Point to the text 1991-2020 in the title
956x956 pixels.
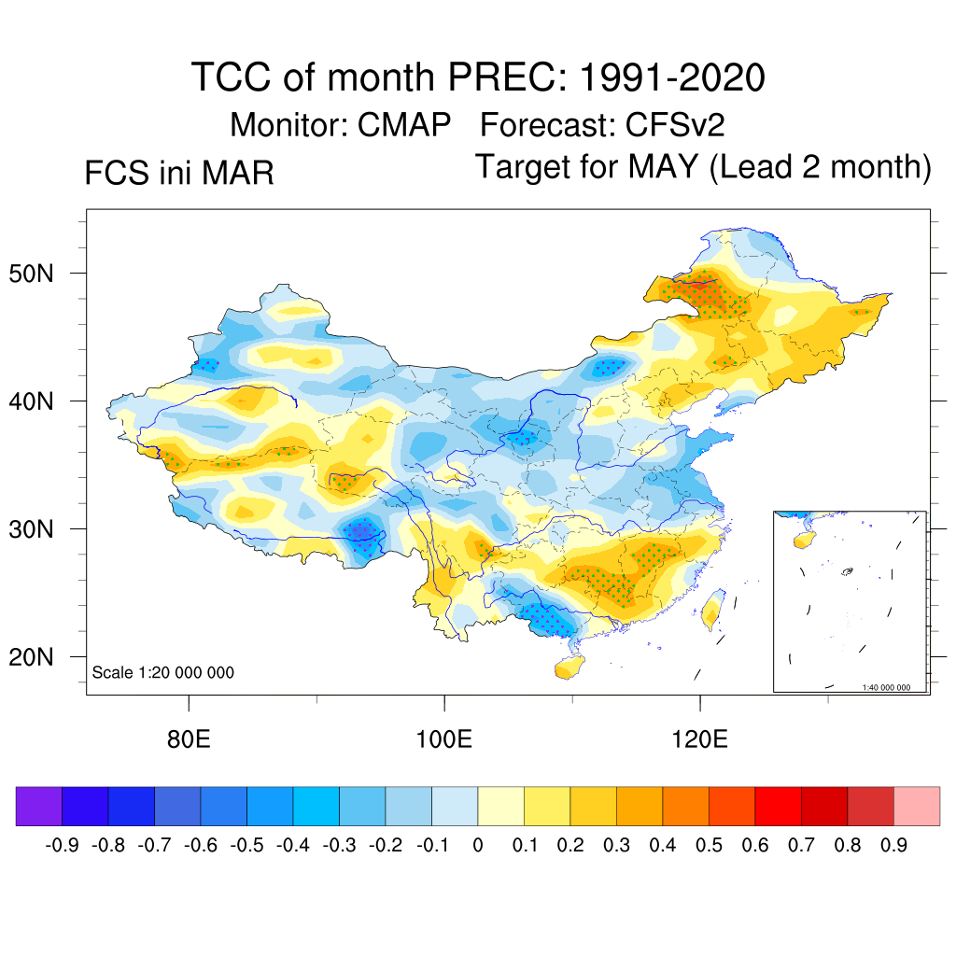(672, 77)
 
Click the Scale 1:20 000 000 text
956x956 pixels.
(163, 673)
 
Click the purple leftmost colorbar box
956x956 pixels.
(38, 806)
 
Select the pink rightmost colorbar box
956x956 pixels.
(917, 806)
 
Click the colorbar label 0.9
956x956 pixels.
(893, 846)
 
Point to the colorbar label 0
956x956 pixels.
(477, 846)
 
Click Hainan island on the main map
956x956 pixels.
(566, 668)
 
